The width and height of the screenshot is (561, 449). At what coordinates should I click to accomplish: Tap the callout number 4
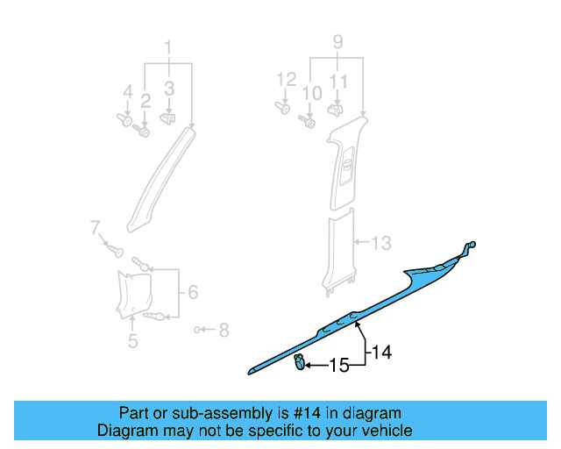click(128, 91)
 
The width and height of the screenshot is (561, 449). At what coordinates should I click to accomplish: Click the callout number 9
click(337, 40)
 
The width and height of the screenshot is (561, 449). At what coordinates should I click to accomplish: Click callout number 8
click(224, 331)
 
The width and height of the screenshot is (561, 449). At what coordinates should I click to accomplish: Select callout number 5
click(132, 341)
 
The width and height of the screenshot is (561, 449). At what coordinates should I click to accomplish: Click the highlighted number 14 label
click(381, 353)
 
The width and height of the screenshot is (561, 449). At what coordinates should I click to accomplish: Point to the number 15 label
click(339, 364)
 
